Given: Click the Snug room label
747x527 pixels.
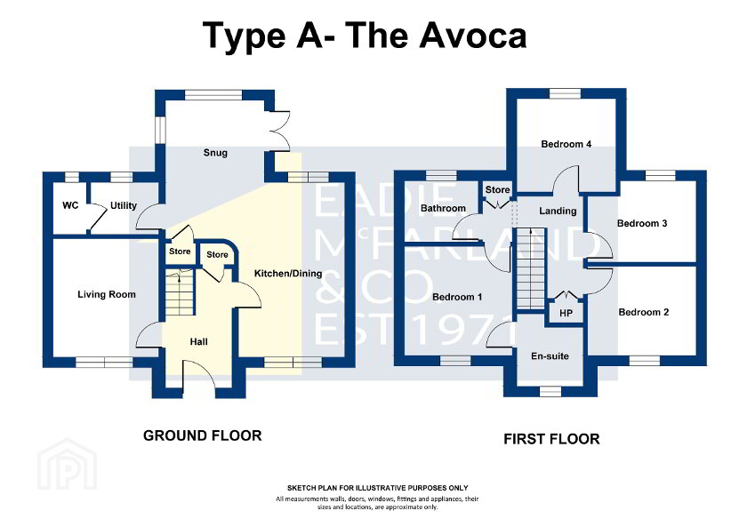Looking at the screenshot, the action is [x=215, y=153].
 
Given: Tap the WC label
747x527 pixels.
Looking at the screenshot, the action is [x=70, y=205].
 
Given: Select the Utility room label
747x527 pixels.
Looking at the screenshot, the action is [x=124, y=205].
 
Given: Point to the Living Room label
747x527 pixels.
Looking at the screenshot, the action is [x=107, y=295].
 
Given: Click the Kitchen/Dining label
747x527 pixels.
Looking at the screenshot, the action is [x=288, y=273].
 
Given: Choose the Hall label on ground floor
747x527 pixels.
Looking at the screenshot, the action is [x=198, y=342].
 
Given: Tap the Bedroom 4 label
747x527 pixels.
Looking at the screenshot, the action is [x=566, y=144].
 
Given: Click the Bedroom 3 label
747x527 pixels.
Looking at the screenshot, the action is [x=642, y=223].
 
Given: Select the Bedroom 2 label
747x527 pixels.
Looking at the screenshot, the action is [x=644, y=312].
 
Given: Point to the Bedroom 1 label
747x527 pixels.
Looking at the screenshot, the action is [x=457, y=297].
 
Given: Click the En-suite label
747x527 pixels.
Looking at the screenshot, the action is [x=550, y=356].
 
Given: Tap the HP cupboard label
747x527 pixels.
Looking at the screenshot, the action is [x=566, y=313].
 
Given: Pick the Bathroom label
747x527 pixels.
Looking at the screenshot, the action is [x=443, y=208].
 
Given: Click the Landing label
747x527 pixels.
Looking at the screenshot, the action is [x=558, y=211].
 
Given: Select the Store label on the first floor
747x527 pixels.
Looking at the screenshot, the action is [x=497, y=190].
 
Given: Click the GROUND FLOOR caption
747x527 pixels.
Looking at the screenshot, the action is [x=203, y=435].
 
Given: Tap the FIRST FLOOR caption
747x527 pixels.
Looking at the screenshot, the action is [x=551, y=439].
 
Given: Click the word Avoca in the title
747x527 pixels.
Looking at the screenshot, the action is [x=473, y=36].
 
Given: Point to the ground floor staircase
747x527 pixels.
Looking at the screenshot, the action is [x=180, y=291].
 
